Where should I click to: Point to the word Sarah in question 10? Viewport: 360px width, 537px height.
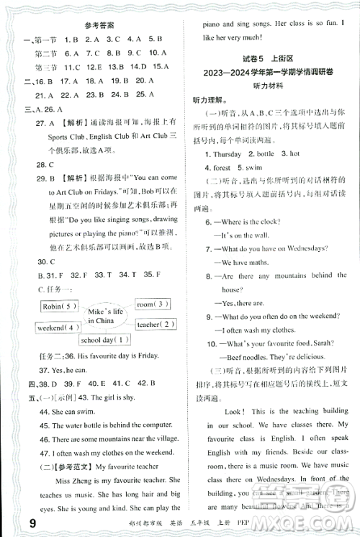tap(318, 342)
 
